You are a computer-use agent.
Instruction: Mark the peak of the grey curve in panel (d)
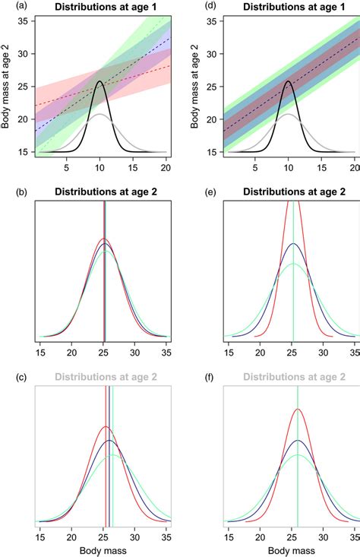coord(288,114)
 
